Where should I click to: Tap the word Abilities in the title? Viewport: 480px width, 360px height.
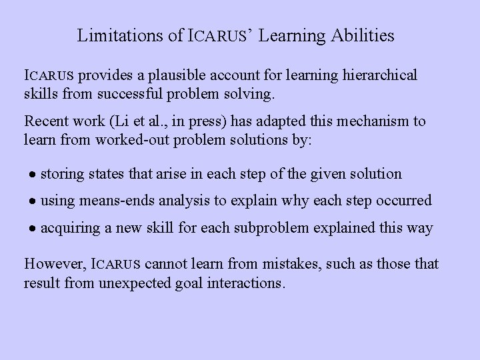coord(362,35)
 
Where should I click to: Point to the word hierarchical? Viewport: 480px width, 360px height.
coord(377,75)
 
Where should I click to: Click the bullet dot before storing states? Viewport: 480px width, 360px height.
coord(31,175)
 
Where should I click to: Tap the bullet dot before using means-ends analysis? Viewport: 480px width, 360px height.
coord(31,201)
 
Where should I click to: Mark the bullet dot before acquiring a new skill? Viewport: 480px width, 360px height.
coord(31,229)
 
